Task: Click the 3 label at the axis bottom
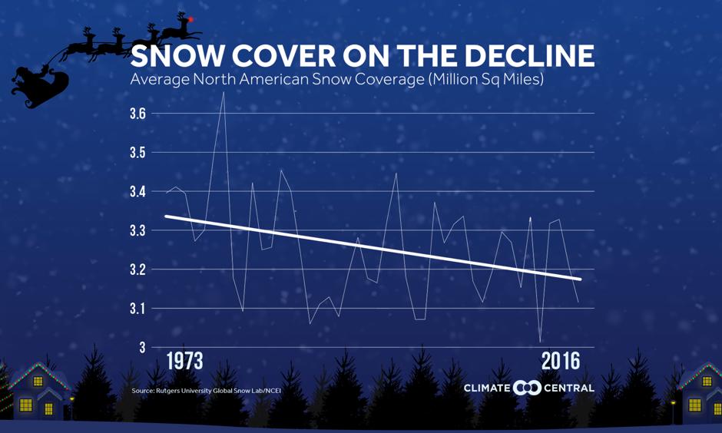(143, 348)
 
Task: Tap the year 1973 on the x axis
(184, 362)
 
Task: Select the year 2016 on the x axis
(561, 362)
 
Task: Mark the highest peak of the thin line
(223, 92)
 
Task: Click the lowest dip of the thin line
(540, 342)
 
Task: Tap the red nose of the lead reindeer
(190, 18)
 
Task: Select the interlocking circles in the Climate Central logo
(527, 388)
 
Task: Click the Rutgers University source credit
(206, 392)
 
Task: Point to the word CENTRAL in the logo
(569, 388)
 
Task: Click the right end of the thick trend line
(580, 279)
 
